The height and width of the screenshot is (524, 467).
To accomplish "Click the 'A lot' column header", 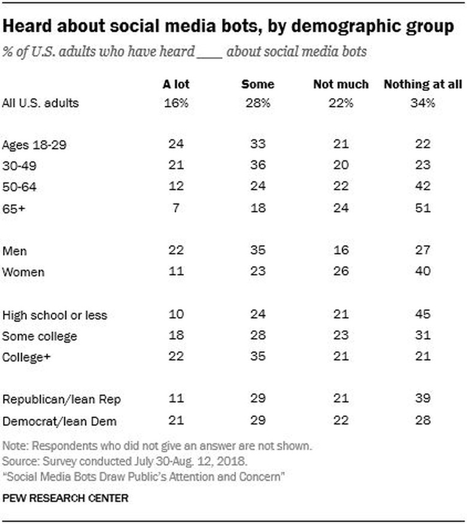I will pyautogui.click(x=176, y=84).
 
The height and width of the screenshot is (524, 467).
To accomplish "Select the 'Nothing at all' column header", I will pyautogui.click(x=422, y=84).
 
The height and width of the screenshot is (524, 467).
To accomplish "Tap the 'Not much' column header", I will pyautogui.click(x=341, y=84).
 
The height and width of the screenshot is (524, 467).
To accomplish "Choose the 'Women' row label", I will pyautogui.click(x=23, y=272).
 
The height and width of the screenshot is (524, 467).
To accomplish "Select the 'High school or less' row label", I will pyautogui.click(x=54, y=315).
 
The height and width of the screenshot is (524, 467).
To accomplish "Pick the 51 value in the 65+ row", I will pyautogui.click(x=422, y=209).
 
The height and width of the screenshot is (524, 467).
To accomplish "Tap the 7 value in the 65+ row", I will pyautogui.click(x=176, y=209).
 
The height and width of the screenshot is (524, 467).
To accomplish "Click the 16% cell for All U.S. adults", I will pyautogui.click(x=176, y=103).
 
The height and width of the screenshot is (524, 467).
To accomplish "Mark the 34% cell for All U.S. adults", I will pyautogui.click(x=422, y=103).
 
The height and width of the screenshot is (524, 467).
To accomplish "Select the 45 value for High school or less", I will pyautogui.click(x=422, y=315).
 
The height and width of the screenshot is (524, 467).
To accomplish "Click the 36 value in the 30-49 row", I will pyautogui.click(x=257, y=166).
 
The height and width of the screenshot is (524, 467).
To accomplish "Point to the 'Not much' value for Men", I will pyautogui.click(x=341, y=251).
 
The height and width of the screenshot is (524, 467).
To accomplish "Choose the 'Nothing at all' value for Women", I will pyautogui.click(x=422, y=272).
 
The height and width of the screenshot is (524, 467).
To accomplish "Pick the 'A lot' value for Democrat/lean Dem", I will pyautogui.click(x=176, y=421).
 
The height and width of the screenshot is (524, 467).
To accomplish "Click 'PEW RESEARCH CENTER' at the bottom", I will pyautogui.click(x=65, y=497).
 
